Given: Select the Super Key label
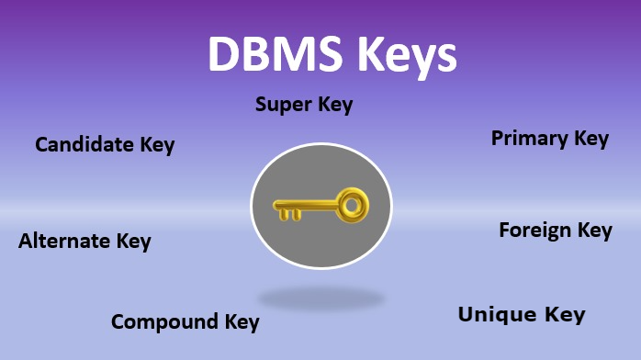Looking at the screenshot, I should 303,105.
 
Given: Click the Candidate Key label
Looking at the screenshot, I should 105,145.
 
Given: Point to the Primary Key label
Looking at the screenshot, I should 549,139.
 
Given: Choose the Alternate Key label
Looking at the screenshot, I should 84,242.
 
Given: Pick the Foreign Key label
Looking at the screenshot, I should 555,230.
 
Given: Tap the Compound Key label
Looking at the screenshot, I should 185,322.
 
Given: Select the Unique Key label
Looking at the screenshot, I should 521,315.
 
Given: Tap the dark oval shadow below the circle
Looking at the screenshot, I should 320,298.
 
